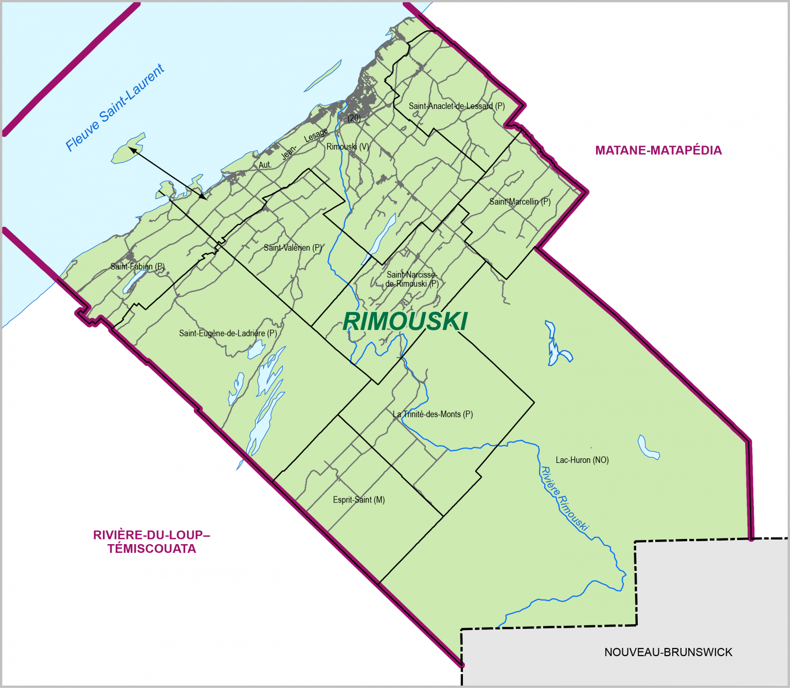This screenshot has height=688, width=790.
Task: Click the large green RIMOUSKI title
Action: click(x=405, y=321)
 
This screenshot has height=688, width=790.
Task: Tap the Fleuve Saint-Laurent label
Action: click(x=115, y=108)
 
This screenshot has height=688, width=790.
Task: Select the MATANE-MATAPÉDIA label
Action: click(x=658, y=151)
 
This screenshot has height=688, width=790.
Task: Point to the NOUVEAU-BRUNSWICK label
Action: click(x=668, y=652)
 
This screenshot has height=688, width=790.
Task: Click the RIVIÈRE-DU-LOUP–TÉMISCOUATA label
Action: click(x=152, y=542)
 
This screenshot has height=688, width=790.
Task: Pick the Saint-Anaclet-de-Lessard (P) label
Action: click(x=457, y=106)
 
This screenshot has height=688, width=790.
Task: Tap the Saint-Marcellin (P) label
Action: click(x=519, y=201)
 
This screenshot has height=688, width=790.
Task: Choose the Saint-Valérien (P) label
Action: click(x=293, y=248)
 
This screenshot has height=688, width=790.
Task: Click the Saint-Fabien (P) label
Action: click(x=137, y=266)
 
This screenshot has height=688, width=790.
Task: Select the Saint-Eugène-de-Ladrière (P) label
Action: click(x=228, y=333)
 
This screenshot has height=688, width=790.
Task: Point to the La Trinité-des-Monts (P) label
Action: click(x=433, y=414)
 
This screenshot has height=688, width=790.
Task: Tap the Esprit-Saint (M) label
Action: click(x=358, y=499)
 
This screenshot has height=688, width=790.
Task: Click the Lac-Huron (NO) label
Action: click(x=582, y=460)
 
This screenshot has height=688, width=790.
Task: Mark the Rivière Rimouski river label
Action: click(x=564, y=498)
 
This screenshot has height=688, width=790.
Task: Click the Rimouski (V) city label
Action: click(x=348, y=146)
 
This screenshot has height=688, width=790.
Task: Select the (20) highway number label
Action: click(x=354, y=118)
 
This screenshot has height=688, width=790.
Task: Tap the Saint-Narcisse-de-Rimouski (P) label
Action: click(x=411, y=279)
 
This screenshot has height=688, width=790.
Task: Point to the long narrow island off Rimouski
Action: click(x=323, y=76)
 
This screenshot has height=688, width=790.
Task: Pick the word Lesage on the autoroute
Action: click(x=316, y=135)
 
